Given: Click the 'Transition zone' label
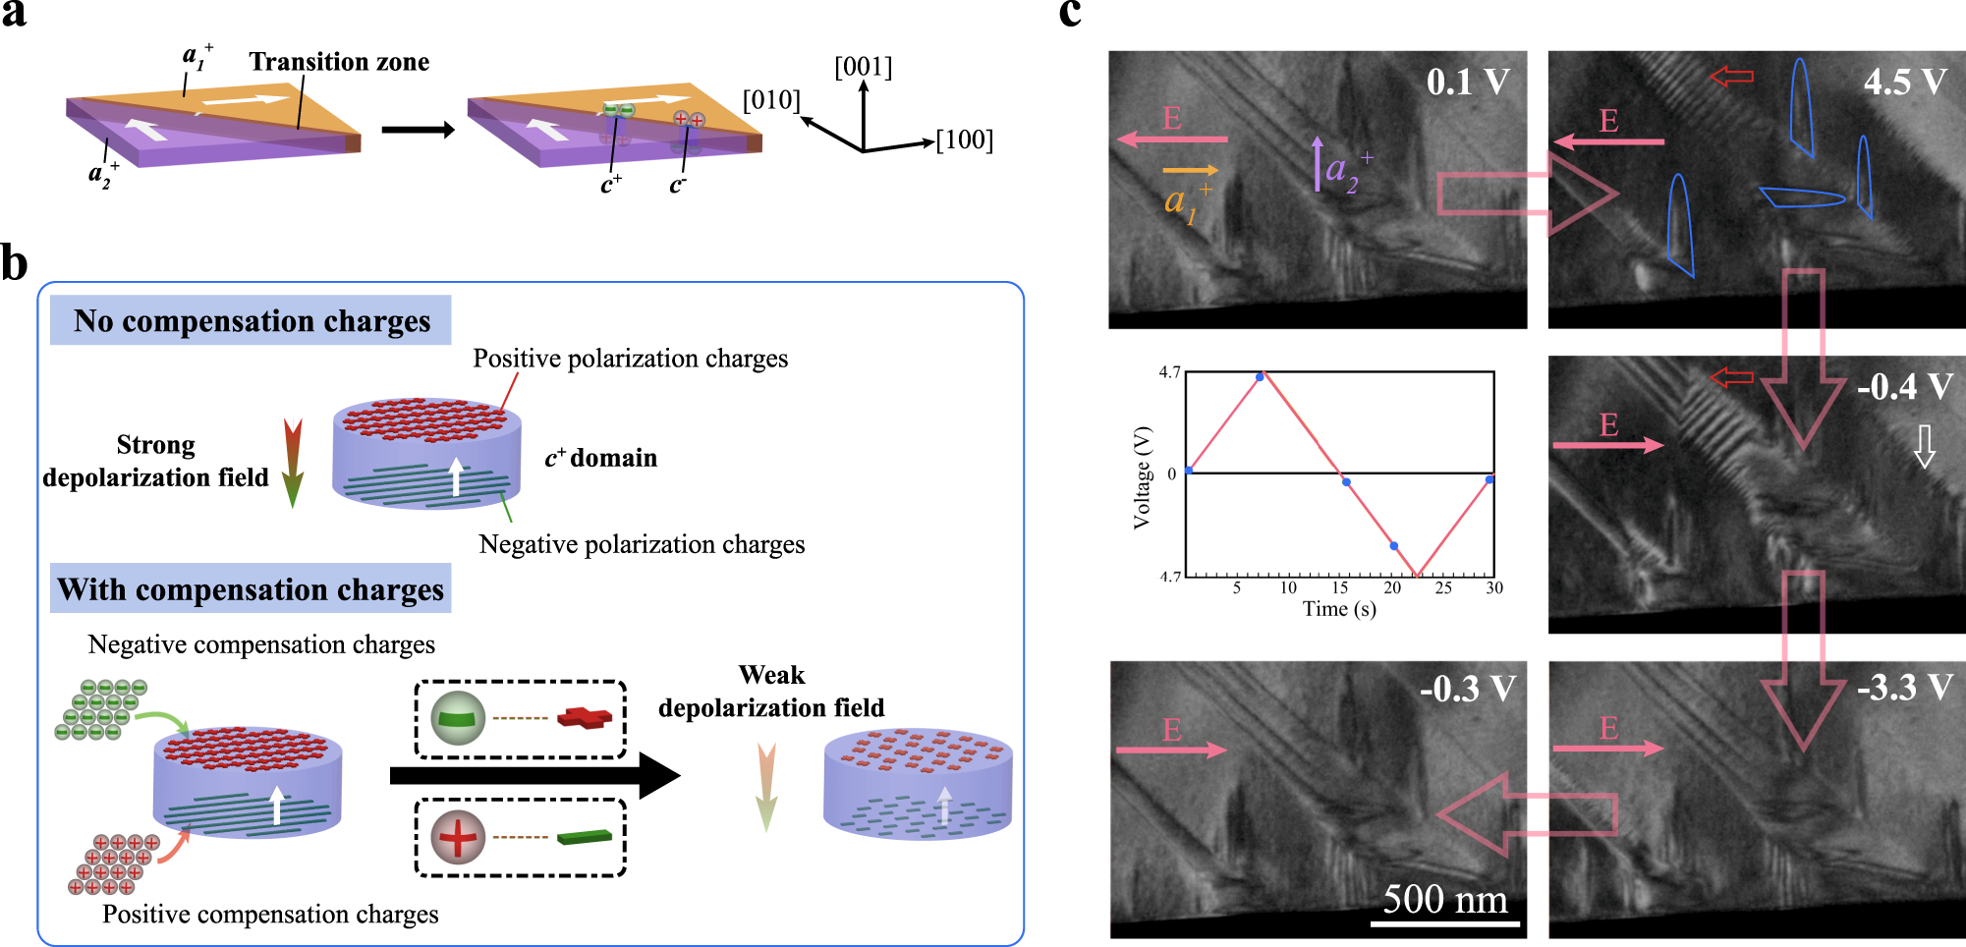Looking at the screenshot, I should (339, 62).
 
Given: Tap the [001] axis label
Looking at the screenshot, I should (863, 67).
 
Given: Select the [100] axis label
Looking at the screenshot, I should (964, 140).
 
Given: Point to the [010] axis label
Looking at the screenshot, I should (771, 100).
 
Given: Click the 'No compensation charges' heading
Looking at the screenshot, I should (252, 321).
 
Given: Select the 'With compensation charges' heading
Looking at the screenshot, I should (251, 589).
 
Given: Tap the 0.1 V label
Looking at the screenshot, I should (1468, 82).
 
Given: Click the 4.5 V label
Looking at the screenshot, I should (1904, 82).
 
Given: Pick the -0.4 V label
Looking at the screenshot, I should (1904, 386).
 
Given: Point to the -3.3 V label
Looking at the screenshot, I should (1904, 687).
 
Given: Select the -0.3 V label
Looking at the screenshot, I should (1467, 689).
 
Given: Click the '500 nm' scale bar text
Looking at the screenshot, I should (1444, 899).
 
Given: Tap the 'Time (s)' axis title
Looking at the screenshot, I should (1339, 609).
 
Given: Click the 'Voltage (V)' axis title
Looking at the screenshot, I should (1142, 477).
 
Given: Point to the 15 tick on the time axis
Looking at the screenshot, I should (1339, 587).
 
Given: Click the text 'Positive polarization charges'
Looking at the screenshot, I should (630, 359).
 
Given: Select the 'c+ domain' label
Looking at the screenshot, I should (600, 458).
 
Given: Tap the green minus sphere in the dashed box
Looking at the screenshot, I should (458, 718).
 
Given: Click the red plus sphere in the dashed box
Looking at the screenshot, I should (458, 838).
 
